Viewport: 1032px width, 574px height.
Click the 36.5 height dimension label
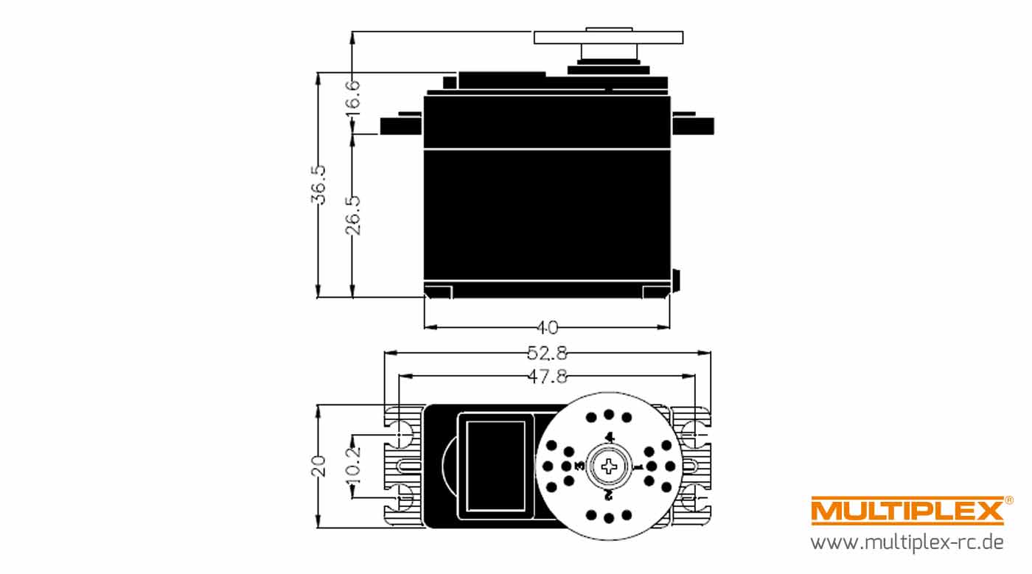point(318,185)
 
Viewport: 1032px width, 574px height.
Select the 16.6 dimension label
point(353,95)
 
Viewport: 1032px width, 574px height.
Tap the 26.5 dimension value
point(353,216)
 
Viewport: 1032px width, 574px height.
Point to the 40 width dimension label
point(547,328)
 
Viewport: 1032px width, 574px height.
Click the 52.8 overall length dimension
point(547,354)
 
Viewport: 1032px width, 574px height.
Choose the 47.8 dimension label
point(547,377)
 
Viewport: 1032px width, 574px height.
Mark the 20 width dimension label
point(318,466)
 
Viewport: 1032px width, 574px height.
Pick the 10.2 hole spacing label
point(353,466)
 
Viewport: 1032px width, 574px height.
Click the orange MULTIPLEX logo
point(907,511)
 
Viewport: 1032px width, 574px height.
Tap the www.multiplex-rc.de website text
point(907,542)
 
